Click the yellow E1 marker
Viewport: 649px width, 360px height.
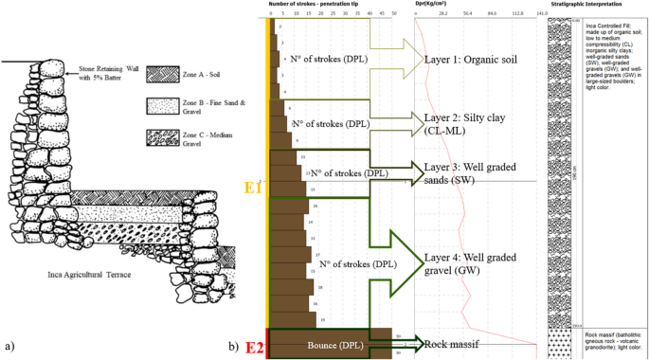253,189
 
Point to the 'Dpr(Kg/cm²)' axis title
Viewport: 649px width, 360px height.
433,4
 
